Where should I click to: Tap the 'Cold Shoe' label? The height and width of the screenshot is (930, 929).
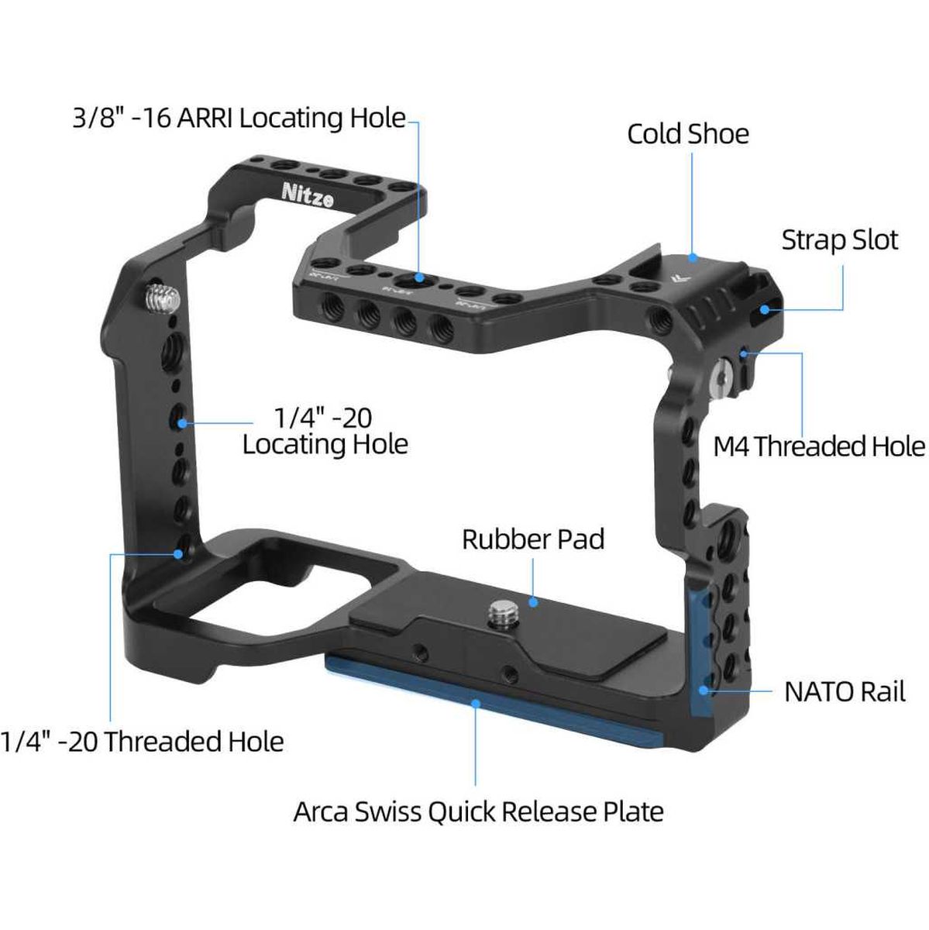click(x=687, y=133)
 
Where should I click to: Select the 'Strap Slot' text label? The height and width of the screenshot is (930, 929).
click(x=839, y=239)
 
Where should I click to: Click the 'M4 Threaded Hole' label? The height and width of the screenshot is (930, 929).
click(x=819, y=446)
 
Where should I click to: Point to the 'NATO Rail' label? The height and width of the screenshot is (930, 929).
click(x=845, y=691)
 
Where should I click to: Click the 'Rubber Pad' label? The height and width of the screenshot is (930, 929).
click(x=533, y=539)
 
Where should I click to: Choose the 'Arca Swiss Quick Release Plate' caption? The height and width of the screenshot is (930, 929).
click(x=478, y=811)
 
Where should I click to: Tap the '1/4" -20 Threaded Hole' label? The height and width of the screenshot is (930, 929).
click(x=143, y=742)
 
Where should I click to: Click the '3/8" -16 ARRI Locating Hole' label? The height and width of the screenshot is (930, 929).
click(x=239, y=118)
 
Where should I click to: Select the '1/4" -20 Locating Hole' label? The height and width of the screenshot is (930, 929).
click(x=325, y=431)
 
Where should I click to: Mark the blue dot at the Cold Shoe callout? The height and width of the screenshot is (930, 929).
click(x=692, y=257)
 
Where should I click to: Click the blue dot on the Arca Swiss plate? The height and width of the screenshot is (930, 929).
click(x=475, y=703)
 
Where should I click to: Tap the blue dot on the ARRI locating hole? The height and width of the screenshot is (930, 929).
click(x=418, y=277)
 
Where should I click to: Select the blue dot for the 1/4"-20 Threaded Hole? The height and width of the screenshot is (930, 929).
click(x=180, y=553)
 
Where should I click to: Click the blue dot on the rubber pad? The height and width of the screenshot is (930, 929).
click(x=533, y=601)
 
